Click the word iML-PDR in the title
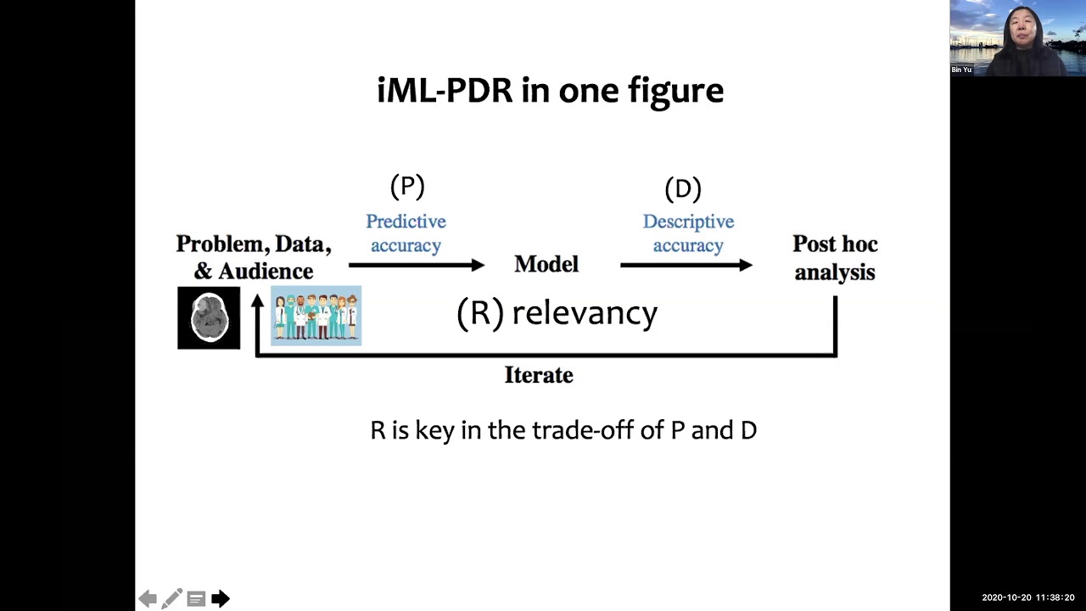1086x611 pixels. [445, 90]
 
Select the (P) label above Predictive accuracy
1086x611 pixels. [407, 186]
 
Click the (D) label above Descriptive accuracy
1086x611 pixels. [683, 188]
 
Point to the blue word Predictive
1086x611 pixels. [406, 221]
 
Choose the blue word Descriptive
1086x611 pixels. [688, 221]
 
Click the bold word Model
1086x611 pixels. [546, 265]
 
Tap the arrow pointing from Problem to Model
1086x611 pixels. [416, 266]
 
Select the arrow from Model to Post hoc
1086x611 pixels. [686, 266]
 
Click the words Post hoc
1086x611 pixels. [835, 244]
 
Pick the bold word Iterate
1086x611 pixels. [539, 375]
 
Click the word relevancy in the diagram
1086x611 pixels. [585, 312]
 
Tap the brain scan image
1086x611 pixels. [209, 317]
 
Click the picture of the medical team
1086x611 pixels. [316, 316]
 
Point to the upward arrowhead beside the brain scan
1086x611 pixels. [257, 301]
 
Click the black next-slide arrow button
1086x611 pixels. [221, 599]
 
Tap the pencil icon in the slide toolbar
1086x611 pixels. [171, 599]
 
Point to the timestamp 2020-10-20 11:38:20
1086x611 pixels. [1027, 598]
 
